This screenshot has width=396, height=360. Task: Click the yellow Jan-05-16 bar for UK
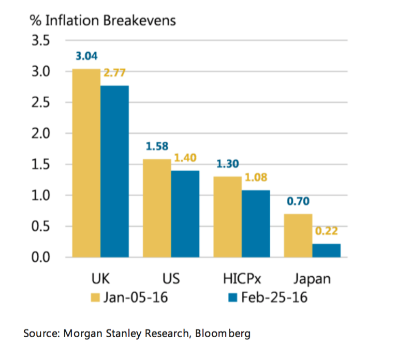[86, 163]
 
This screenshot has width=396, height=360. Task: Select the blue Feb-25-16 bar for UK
[114, 171]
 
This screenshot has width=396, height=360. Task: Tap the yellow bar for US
[157, 208]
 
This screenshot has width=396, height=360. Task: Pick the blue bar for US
[185, 214]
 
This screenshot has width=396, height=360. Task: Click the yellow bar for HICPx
[227, 217]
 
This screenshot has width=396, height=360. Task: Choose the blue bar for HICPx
[255, 223]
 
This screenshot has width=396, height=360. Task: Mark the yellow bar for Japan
[298, 235]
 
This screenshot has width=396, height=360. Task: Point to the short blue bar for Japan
[326, 250]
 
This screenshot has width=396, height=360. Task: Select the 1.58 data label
[157, 146]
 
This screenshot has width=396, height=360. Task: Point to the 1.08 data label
[255, 177]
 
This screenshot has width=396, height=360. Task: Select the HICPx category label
[241, 279]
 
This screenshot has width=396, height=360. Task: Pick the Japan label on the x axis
[312, 279]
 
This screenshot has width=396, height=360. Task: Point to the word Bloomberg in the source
[223, 334]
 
